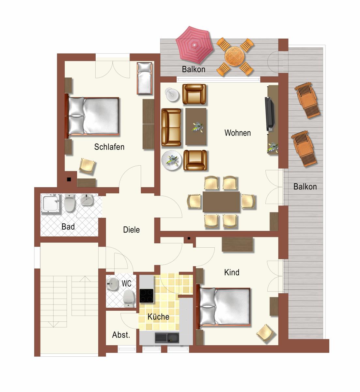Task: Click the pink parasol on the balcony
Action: [194, 45]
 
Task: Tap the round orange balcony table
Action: [234, 56]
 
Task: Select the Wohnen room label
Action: [238, 133]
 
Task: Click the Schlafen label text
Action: [109, 147]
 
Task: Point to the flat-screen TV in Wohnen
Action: [270, 114]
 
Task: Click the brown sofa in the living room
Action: [171, 127]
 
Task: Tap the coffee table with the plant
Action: [196, 127]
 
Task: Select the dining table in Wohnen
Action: [221, 202]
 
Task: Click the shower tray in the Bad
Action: [50, 203]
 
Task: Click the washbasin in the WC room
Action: [113, 284]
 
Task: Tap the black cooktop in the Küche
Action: [146, 296]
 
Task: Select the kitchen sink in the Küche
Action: [167, 338]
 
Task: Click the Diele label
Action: [132, 230]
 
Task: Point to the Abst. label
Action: [121, 335]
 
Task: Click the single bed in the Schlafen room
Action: [145, 78]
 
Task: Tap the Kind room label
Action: [232, 272]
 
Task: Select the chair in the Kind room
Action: [265, 333]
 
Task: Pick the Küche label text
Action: [158, 317]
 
